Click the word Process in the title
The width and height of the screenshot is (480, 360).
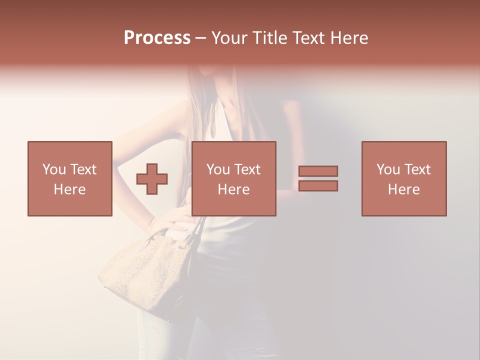[x=157, y=38]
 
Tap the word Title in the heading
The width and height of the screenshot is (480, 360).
[x=269, y=38]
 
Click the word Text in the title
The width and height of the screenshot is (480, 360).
[x=307, y=38]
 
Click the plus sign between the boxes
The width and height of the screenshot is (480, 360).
[x=152, y=178]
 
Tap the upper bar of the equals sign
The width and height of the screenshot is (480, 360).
[x=318, y=171]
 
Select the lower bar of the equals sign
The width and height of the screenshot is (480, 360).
[x=318, y=185]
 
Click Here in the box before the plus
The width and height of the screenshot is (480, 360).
[x=70, y=189]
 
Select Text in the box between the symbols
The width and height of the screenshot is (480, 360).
[x=248, y=169]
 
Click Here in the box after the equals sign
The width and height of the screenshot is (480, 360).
[x=404, y=189]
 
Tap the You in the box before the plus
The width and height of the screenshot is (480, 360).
[x=54, y=169]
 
